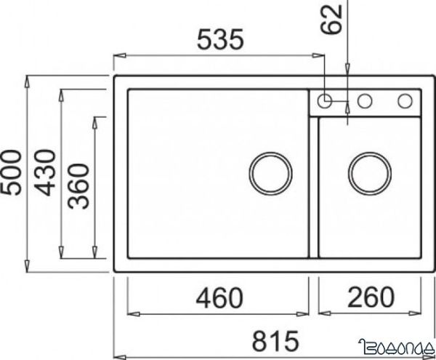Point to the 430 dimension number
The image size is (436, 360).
tap(45, 172)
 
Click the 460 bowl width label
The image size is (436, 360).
tap(218, 297)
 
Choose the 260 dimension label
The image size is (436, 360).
tap(371, 297)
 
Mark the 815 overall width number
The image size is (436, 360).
tap(275, 340)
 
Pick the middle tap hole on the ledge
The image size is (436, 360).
tap(365, 100)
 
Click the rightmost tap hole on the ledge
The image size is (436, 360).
tap(404, 100)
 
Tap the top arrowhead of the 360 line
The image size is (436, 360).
tap(95, 119)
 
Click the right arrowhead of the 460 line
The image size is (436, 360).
tap(306, 313)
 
